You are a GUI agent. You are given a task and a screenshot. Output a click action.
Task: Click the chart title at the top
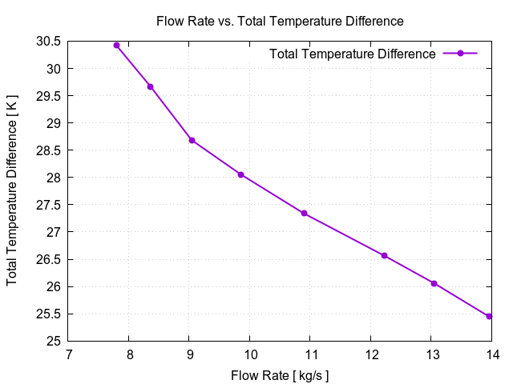click(279, 21)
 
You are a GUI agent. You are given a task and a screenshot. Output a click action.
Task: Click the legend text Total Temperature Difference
click(353, 54)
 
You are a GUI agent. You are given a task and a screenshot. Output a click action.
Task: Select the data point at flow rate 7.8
click(117, 46)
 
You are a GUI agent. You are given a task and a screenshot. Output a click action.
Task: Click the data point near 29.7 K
click(150, 86)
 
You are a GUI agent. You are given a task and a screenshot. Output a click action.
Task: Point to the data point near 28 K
click(240, 174)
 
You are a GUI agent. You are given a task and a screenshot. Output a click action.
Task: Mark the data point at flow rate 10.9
click(305, 214)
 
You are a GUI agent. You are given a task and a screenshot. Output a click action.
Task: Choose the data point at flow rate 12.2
click(385, 255)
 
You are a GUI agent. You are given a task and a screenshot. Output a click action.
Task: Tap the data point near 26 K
click(434, 283)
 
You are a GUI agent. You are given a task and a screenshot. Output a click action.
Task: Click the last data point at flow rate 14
click(489, 316)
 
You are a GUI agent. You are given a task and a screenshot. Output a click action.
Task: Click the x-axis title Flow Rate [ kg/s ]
click(279, 375)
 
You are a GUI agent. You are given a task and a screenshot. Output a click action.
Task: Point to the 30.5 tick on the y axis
click(50, 41)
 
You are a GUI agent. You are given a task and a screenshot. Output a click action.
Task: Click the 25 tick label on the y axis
click(55, 341)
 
